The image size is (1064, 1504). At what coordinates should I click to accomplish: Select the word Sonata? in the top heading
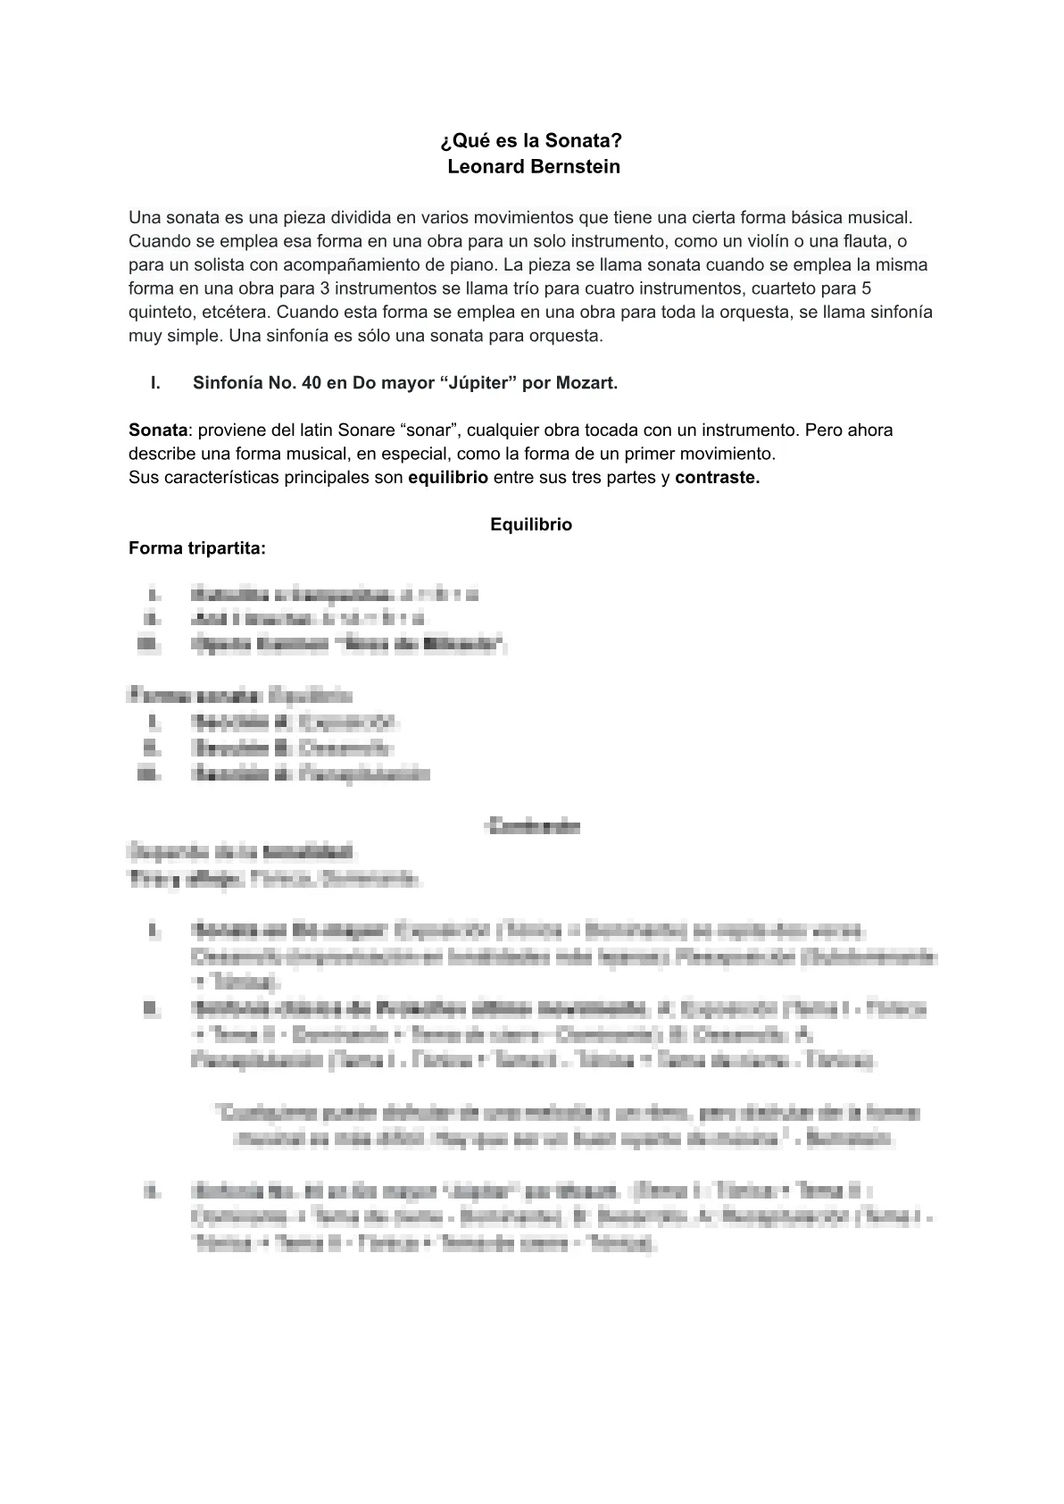[x=584, y=142]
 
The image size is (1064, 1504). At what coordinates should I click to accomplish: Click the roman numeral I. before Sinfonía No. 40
[x=155, y=383]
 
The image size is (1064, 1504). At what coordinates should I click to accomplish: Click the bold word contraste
[x=717, y=478]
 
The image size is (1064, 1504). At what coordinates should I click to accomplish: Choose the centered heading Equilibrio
[x=531, y=525]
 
